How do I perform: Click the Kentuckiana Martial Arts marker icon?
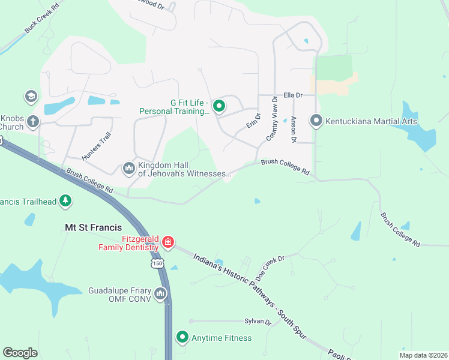(316, 121)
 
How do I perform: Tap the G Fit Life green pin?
(219, 106)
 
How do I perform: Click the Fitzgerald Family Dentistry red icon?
(168, 242)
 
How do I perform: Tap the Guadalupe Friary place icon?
(160, 293)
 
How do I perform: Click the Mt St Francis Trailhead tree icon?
(65, 201)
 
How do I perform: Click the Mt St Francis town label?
(93, 227)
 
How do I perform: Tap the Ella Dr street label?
(292, 95)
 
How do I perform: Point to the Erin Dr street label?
(253, 120)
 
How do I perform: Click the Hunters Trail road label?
(97, 146)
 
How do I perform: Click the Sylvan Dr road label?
(258, 321)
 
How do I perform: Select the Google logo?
(20, 352)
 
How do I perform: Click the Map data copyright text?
(423, 355)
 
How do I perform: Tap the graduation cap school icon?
(31, 96)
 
